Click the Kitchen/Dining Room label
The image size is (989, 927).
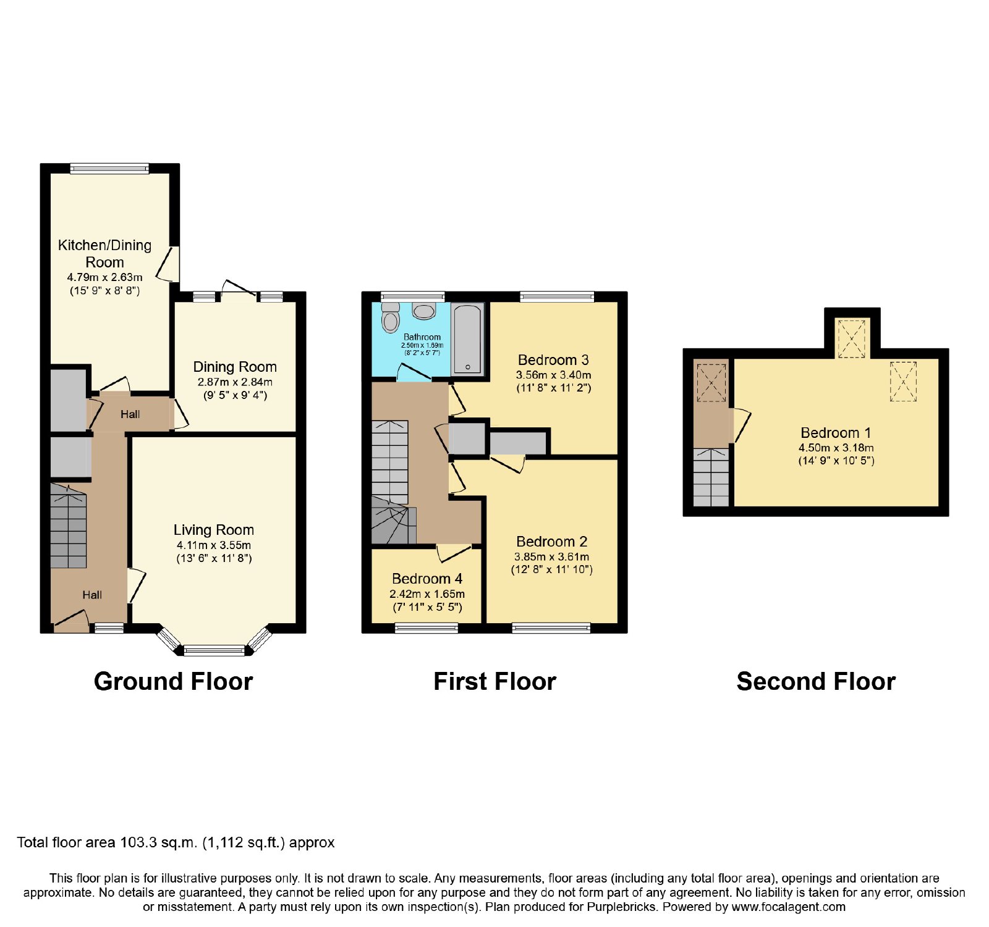click(x=104, y=254)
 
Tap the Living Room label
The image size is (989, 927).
click(x=214, y=530)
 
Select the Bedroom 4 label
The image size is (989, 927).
click(x=427, y=579)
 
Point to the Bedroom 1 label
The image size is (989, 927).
click(x=836, y=433)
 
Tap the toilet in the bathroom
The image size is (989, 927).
click(x=391, y=319)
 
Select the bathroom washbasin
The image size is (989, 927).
click(x=424, y=311)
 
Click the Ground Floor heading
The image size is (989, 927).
click(x=174, y=682)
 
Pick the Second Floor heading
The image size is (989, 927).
click(x=816, y=682)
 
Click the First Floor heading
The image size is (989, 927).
click(x=494, y=682)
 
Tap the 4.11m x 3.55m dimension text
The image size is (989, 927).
click(x=214, y=545)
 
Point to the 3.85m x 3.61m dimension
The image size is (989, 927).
click(x=551, y=557)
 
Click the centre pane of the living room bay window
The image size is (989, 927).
click(x=214, y=650)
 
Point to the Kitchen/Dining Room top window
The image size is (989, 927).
click(x=109, y=168)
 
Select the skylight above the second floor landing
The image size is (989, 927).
click(x=711, y=383)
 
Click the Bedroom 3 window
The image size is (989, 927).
click(x=557, y=296)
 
